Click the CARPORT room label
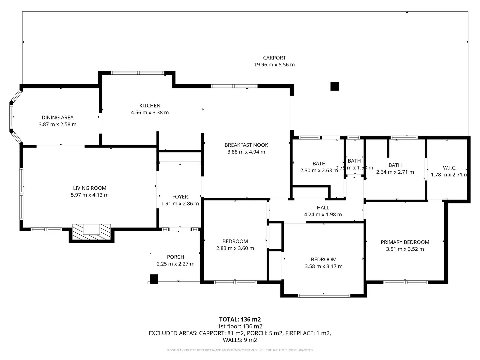point(274,58)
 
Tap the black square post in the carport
point(335,86)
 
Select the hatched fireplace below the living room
point(92,232)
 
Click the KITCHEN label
point(150,106)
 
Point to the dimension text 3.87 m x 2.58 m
point(58,124)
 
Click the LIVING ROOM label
point(90,188)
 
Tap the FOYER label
point(180,197)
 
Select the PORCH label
point(175,257)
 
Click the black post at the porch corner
point(154,279)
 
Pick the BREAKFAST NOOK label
point(246,145)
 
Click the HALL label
point(323,208)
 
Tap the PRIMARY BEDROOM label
point(405,242)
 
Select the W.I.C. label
point(449,168)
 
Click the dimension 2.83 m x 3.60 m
point(235,248)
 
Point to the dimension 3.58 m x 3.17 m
point(323,266)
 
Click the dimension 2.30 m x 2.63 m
point(319,170)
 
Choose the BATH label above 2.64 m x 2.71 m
point(395,165)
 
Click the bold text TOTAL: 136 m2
point(240,319)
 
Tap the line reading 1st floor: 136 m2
point(240,326)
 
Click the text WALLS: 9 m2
point(240,340)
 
